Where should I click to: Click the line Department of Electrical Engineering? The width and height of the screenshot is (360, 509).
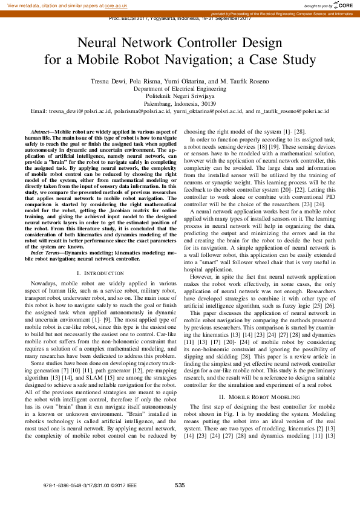coord(179,88)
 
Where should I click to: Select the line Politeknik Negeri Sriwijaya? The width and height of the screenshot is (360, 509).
coord(179,96)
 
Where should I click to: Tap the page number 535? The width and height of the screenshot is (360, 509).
coord(180,485)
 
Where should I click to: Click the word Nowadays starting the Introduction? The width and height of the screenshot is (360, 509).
coord(45,284)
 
